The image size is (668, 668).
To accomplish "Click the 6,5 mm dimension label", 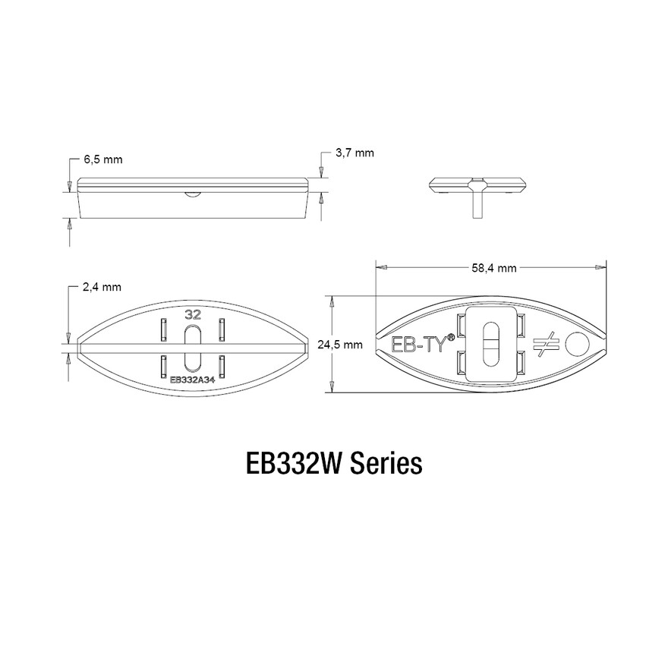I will (102, 160).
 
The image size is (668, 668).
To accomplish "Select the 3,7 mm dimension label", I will (354, 153).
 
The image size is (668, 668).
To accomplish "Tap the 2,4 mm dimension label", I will (102, 287).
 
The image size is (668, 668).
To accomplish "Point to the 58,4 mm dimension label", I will (493, 268).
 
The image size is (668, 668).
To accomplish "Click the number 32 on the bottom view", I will (193, 313).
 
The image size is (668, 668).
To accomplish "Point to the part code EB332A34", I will (192, 380).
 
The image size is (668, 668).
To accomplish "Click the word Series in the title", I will (386, 463).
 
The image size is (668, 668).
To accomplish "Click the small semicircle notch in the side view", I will (193, 194).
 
